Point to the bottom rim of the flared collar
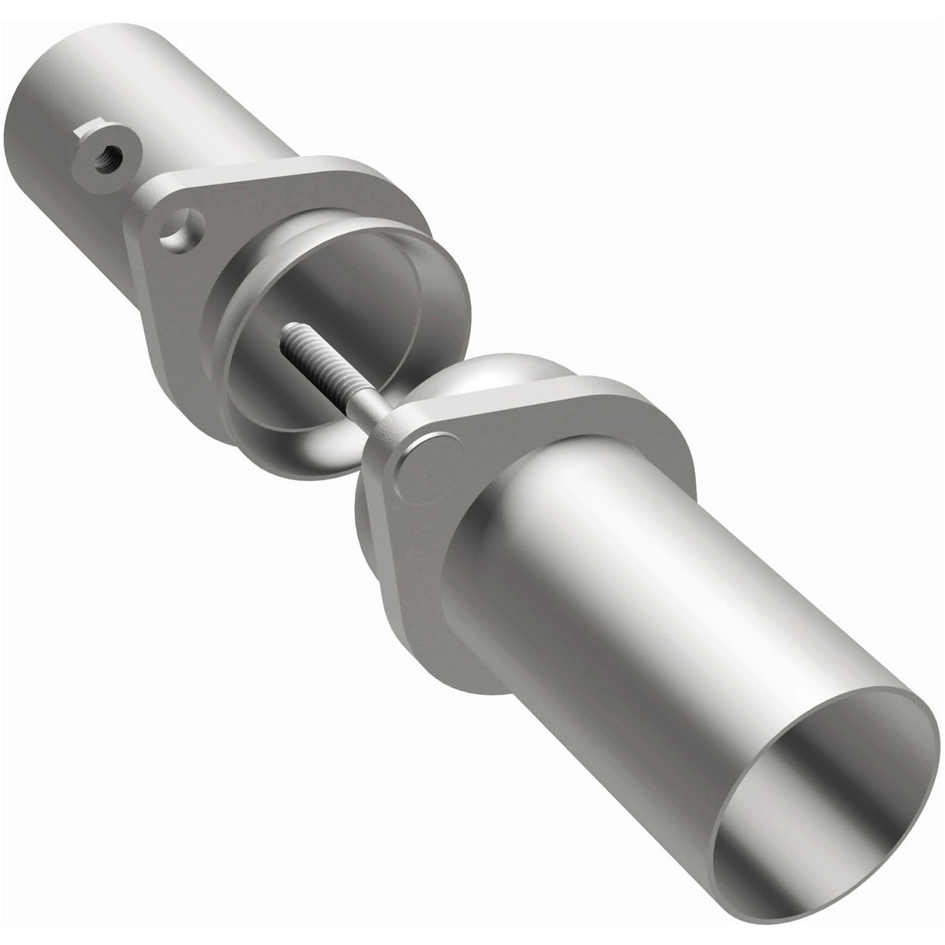(x=296, y=459)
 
